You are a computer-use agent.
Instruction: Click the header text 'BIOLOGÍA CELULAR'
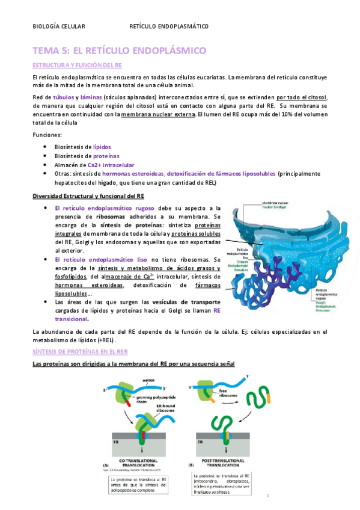(59, 26)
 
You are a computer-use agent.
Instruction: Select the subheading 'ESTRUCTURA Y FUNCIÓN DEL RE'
(78, 65)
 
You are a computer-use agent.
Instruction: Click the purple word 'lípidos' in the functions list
(101, 147)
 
